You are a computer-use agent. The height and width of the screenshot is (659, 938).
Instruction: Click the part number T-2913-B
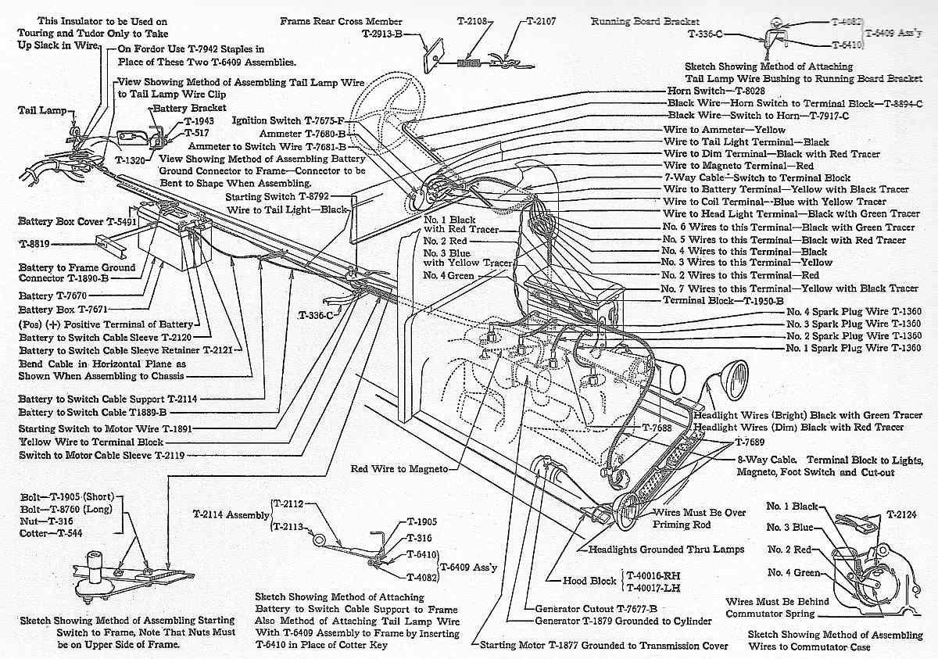pos(382,34)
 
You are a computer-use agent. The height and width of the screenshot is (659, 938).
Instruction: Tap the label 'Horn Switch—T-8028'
pos(715,91)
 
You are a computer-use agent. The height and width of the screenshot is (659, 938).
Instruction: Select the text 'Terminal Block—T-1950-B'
pos(724,300)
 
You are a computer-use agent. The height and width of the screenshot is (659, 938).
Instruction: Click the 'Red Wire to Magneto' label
pos(399,469)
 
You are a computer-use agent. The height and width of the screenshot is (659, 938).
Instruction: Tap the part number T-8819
pos(34,243)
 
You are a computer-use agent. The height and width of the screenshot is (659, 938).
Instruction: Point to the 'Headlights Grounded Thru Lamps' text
pos(667,550)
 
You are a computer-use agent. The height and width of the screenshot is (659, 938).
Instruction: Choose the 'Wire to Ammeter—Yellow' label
pos(725,129)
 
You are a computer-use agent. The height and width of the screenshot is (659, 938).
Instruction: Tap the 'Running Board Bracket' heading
pos(645,22)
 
